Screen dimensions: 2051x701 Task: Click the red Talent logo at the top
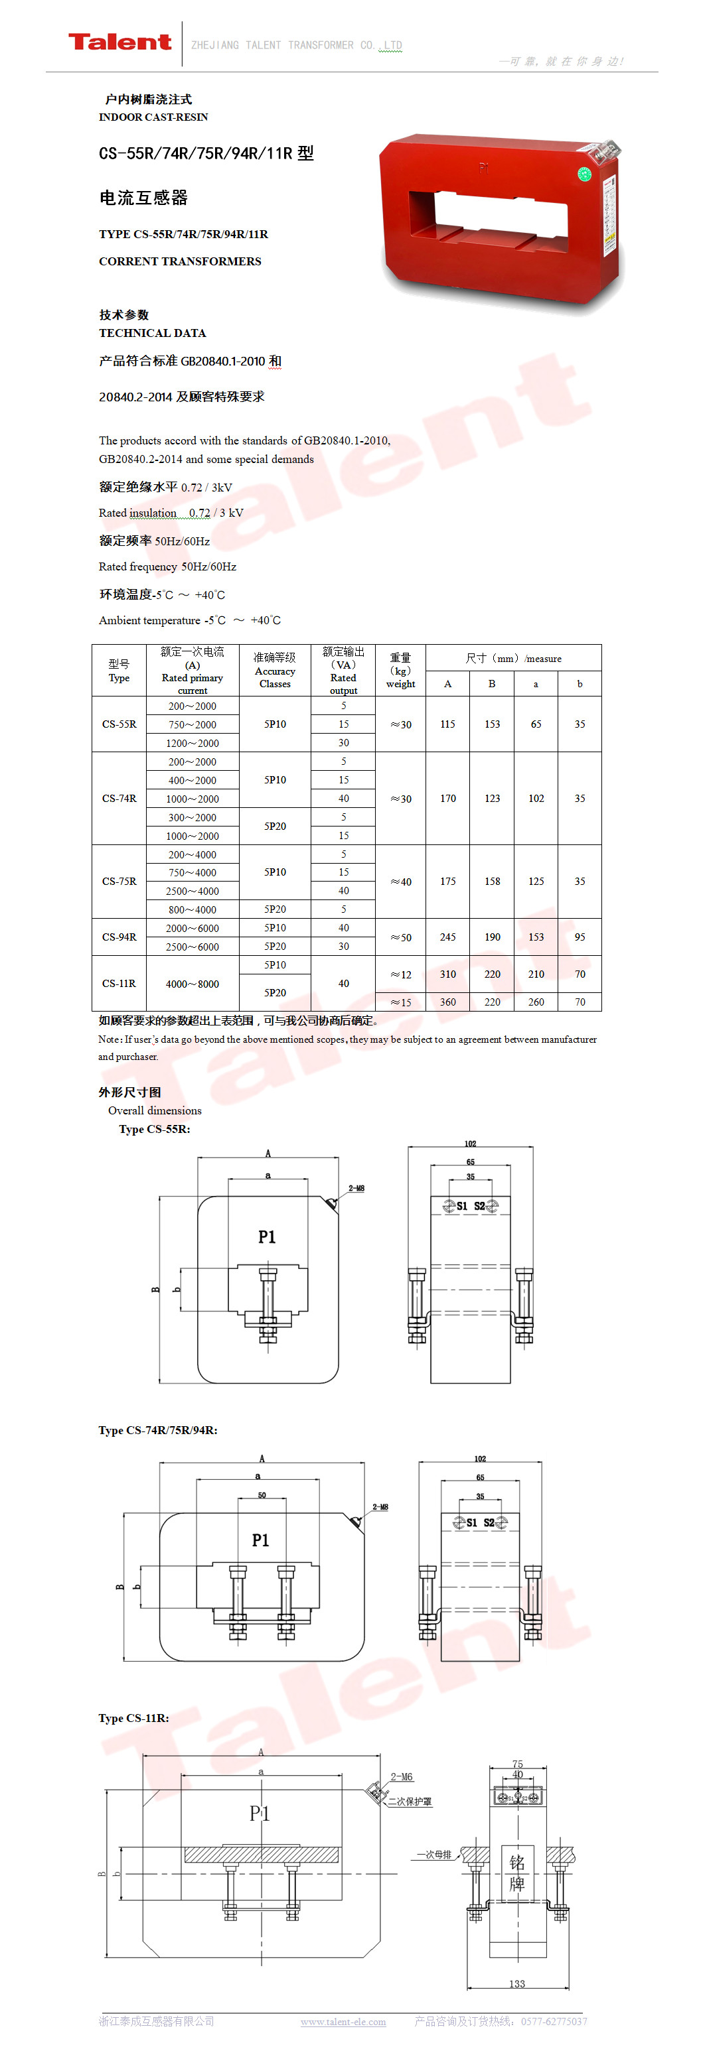click(119, 42)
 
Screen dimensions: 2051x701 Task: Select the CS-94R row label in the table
click(119, 937)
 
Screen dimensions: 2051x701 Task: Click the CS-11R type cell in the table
click(119, 983)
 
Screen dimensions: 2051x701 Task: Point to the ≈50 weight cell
click(401, 937)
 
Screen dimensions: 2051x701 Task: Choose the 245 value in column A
click(447, 937)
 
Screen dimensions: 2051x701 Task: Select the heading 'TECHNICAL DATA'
click(152, 333)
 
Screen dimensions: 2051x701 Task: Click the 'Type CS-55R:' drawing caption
click(155, 1129)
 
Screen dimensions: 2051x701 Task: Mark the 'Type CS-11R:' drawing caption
click(134, 1718)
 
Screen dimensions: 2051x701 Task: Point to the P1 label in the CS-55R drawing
click(267, 1236)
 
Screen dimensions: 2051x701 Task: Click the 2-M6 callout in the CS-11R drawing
click(402, 1777)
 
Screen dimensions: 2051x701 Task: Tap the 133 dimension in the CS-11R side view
click(517, 1984)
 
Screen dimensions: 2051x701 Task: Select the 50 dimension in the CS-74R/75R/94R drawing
click(262, 1495)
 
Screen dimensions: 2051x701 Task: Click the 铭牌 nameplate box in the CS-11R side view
click(517, 1873)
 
